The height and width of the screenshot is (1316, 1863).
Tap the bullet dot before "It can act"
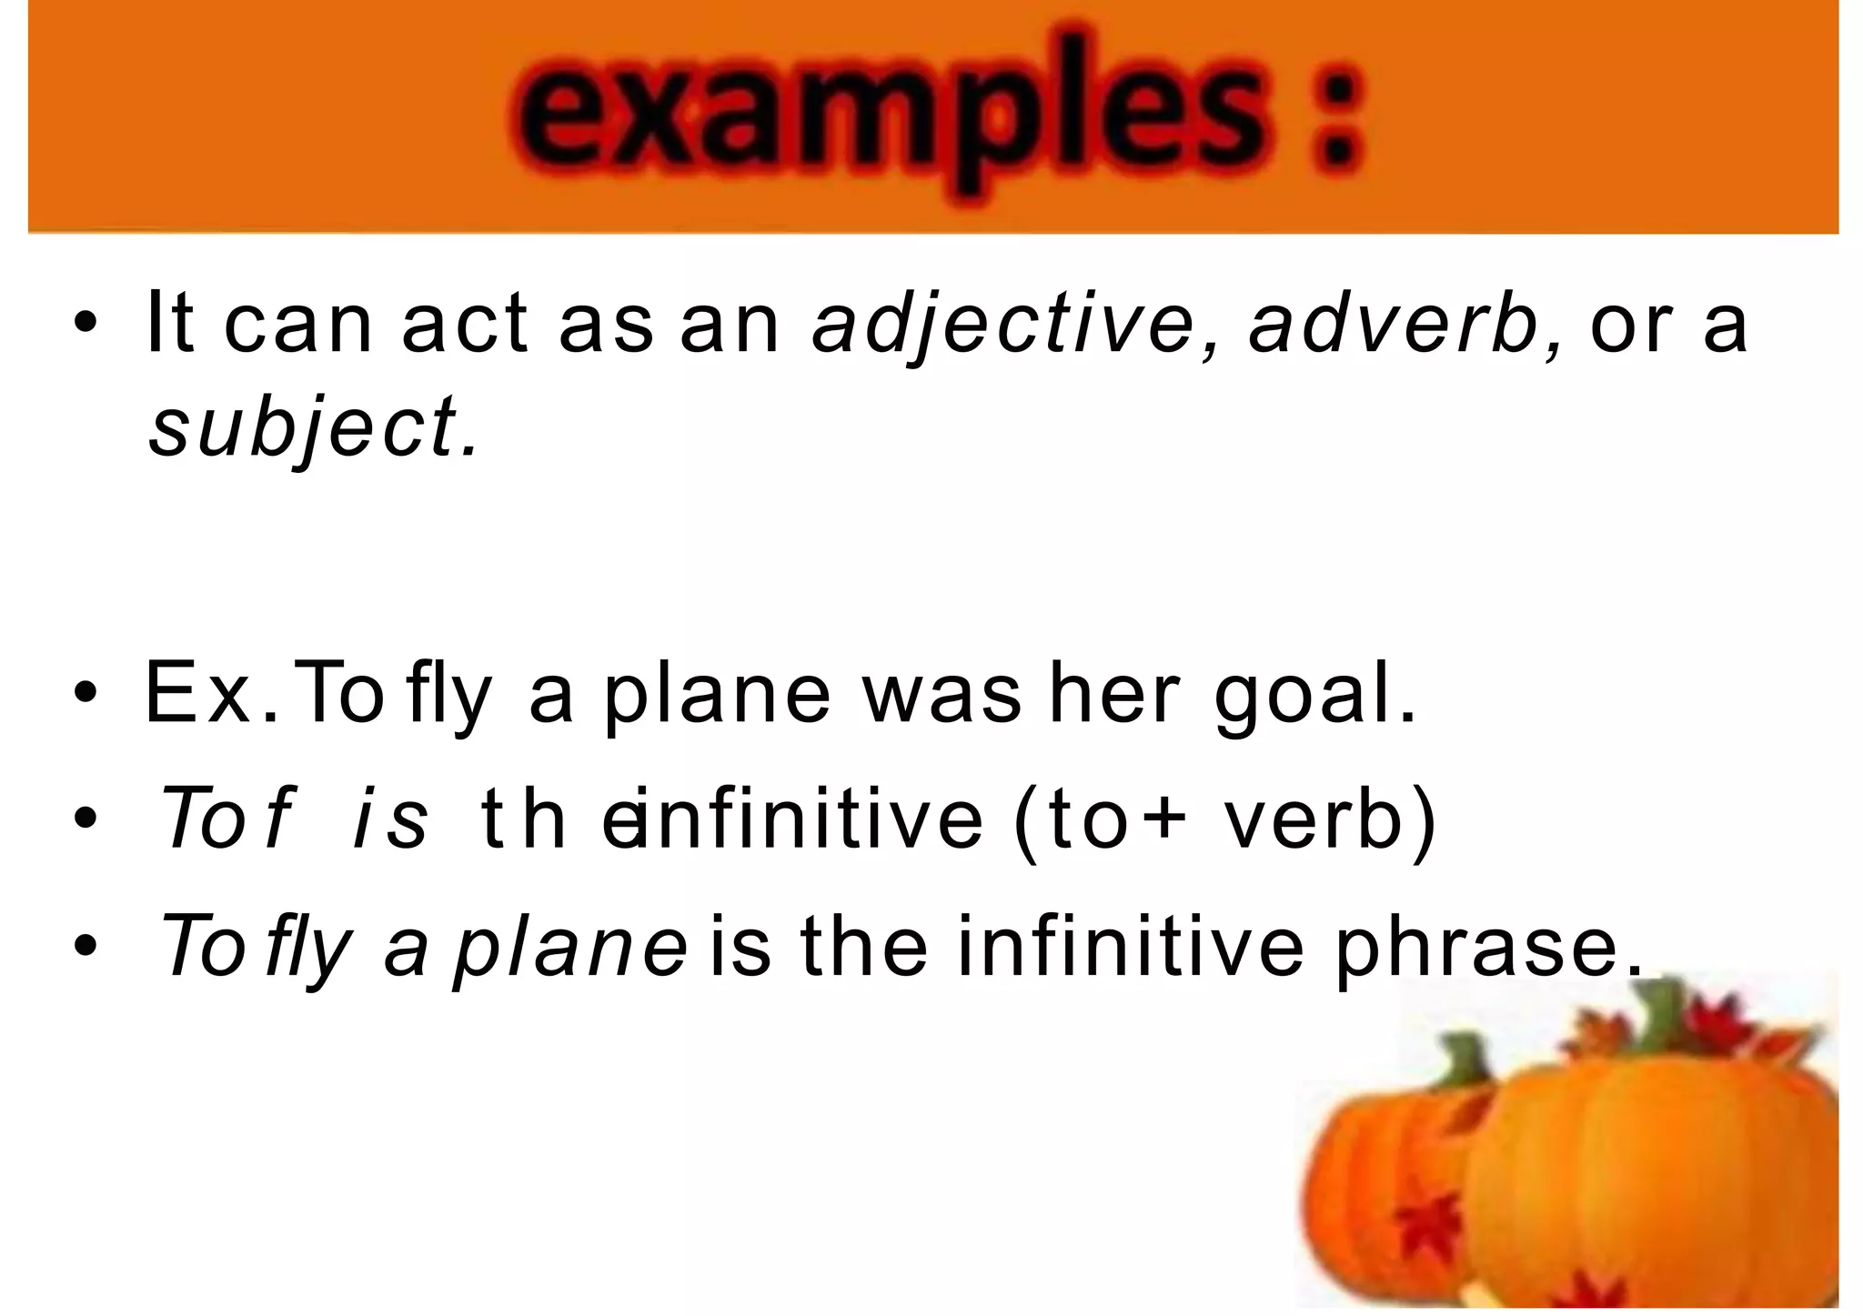click(x=86, y=326)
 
